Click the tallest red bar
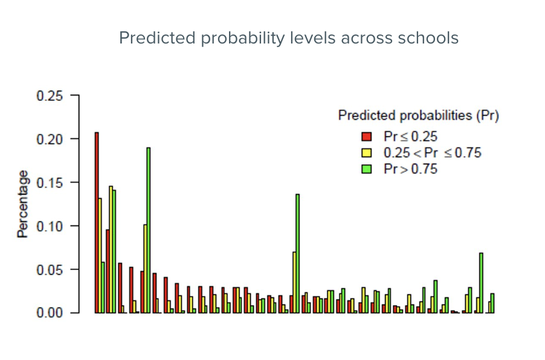click(x=97, y=222)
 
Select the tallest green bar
click(x=149, y=230)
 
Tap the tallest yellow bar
click(x=111, y=249)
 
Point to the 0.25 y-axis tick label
click(x=50, y=95)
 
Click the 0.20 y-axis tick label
click(x=50, y=140)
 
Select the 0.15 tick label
click(x=50, y=183)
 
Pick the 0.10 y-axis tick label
click(x=50, y=227)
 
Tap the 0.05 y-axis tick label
click(x=50, y=269)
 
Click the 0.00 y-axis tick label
click(x=50, y=313)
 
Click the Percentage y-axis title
click(x=22, y=204)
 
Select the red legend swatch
click(x=366, y=137)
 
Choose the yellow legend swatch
click(x=366, y=153)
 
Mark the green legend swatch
click(x=366, y=169)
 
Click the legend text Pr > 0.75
click(x=410, y=169)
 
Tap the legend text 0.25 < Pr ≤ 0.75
click(x=433, y=153)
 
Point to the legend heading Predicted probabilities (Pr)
click(x=419, y=115)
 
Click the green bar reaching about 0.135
click(x=297, y=254)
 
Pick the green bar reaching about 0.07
click(x=481, y=283)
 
